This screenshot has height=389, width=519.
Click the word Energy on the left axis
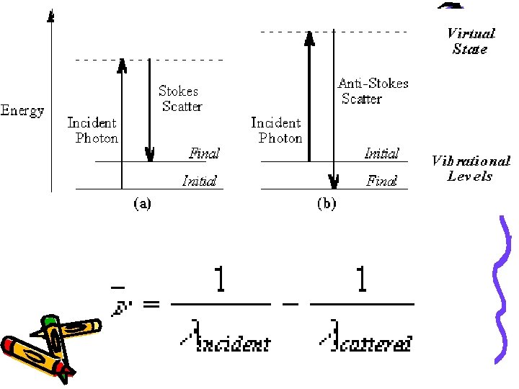pos(23,110)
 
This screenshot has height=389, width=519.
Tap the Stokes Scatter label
pos(179,99)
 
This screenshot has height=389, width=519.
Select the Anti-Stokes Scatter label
pos(373,91)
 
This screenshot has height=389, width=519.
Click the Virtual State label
pos(470,41)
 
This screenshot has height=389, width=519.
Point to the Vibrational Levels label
pos(470,169)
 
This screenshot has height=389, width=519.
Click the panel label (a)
pos(141,203)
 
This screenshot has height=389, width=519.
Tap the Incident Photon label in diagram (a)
pos(92,130)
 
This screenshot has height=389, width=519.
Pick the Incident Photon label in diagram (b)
pos(277,130)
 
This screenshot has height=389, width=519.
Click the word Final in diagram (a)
pos(204,153)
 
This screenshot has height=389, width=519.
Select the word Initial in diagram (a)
pos(199,181)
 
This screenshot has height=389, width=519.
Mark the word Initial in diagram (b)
pos(381,153)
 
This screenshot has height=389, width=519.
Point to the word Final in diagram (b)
pos(381,181)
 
